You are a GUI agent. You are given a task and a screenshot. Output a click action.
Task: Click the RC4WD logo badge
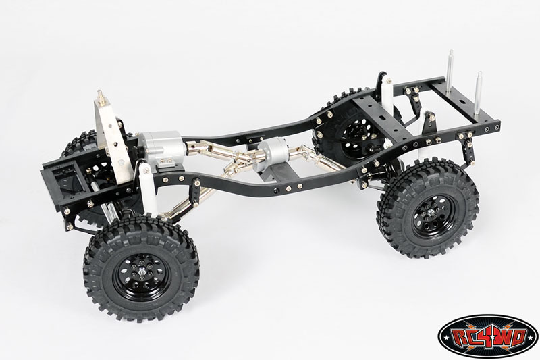click(x=487, y=336)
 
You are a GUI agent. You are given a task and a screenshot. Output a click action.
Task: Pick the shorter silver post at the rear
click(x=479, y=91)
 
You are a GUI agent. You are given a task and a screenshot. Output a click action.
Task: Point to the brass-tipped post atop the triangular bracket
click(x=101, y=95)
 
